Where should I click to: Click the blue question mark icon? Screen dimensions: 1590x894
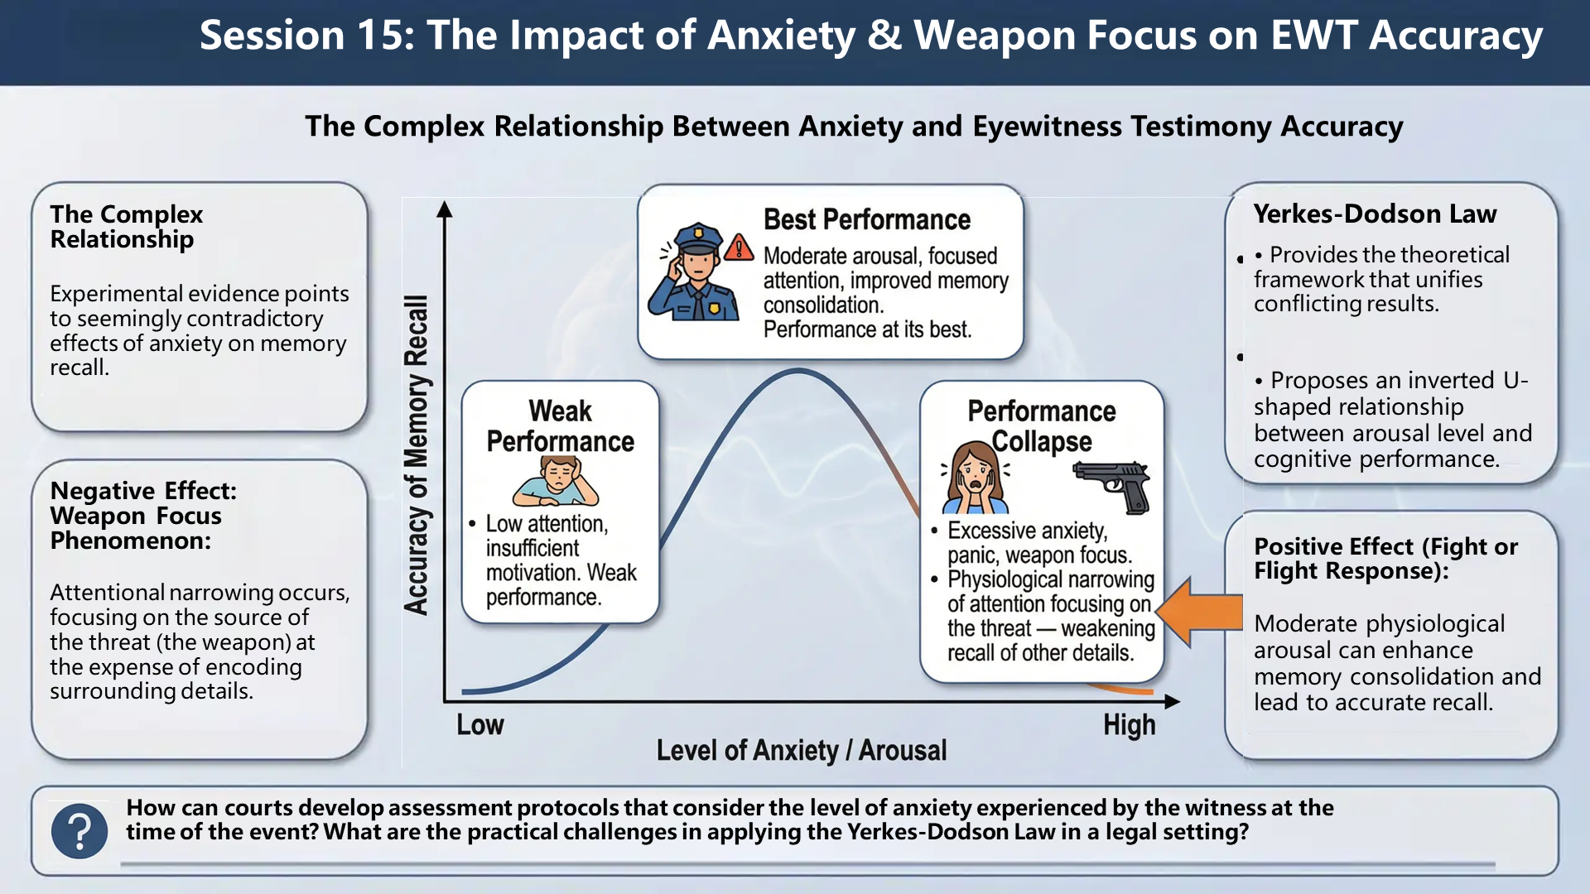point(79,830)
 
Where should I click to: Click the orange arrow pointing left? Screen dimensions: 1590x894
point(1198,612)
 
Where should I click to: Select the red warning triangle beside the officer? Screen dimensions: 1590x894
point(739,248)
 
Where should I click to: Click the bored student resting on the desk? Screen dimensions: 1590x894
point(556,481)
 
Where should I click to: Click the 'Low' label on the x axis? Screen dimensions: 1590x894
point(480,725)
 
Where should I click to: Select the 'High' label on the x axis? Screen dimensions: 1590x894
point(1129,725)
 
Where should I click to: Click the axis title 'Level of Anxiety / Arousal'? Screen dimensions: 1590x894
point(801,751)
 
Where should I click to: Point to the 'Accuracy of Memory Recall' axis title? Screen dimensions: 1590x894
point(416,454)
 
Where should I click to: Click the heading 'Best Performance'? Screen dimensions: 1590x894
point(866,219)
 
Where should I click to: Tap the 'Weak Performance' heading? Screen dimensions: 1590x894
point(561,426)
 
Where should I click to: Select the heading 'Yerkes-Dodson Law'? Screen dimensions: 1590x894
point(1375,214)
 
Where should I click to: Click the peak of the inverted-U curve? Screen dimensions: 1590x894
point(797,372)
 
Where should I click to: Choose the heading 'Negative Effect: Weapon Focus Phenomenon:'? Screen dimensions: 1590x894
point(143,515)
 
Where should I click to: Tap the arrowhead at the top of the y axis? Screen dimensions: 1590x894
point(445,208)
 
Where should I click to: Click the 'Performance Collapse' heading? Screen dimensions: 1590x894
point(1042,426)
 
